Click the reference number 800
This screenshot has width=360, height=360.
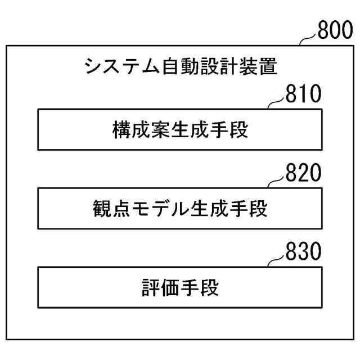(336, 30)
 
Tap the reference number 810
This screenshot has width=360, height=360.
(303, 93)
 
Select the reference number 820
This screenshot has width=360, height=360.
(303, 173)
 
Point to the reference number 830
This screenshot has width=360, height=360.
(303, 251)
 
